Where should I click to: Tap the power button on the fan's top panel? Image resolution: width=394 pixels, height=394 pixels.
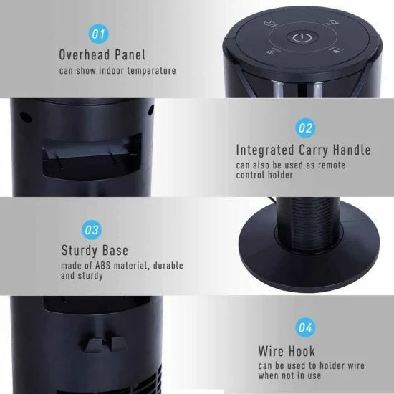tap(302, 38)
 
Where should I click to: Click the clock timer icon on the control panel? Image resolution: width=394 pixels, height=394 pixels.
tap(271, 24)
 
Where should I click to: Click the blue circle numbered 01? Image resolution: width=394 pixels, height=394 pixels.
tap(99, 34)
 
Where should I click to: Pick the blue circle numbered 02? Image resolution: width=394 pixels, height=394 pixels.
tap(305, 128)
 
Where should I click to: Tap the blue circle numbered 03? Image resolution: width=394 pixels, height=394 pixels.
tap(92, 230)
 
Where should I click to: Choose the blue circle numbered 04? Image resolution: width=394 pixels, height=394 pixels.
tap(305, 327)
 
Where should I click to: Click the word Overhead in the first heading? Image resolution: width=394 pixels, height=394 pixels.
tap(85, 54)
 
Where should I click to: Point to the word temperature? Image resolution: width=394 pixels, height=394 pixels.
tap(152, 71)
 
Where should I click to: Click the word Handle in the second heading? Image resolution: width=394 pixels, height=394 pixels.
tap(352, 150)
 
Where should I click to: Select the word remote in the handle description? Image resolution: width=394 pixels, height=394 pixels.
tap(332, 165)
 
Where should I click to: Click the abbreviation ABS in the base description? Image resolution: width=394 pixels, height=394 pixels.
tap(102, 266)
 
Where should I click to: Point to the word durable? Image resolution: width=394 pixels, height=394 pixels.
tap(168, 266)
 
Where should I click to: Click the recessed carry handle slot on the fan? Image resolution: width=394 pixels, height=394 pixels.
tap(92, 157)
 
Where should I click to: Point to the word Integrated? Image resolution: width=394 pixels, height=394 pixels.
tap(265, 150)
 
